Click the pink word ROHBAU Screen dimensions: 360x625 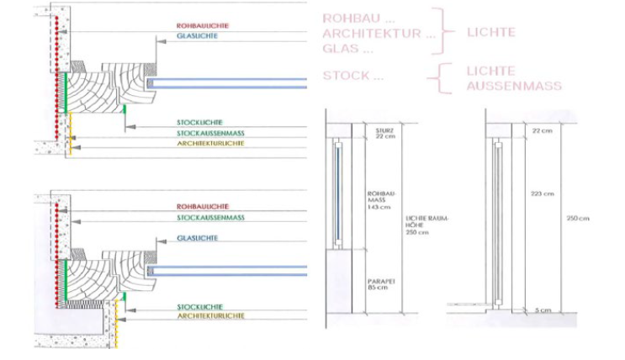(346, 18)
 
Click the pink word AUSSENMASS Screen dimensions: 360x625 (514, 86)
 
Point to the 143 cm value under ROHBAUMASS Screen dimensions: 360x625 (378, 206)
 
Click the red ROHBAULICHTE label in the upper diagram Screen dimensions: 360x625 (202, 26)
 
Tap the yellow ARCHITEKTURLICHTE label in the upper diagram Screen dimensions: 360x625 (210, 144)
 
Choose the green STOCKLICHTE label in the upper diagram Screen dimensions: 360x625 (199, 123)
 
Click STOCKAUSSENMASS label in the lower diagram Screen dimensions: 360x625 (210, 217)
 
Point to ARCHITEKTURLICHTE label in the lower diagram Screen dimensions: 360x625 (210, 315)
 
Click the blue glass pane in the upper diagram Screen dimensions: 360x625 (227, 82)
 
